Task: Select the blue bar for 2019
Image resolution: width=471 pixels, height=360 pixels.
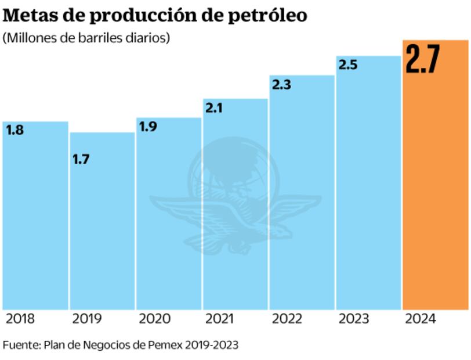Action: [102, 232]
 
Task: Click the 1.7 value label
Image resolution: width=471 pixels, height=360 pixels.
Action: [81, 159]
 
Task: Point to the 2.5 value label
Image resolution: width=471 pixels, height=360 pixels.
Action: [347, 65]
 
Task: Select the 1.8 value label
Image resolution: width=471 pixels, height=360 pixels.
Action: [15, 131]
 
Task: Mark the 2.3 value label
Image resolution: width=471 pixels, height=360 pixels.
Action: [281, 85]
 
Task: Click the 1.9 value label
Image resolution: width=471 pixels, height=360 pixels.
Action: [148, 127]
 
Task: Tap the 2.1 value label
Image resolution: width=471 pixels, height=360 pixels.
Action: [214, 108]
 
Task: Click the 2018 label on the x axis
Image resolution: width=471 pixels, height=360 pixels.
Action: [20, 319]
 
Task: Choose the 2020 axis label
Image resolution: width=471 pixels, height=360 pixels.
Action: [154, 319]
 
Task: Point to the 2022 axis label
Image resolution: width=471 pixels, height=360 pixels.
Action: [288, 319]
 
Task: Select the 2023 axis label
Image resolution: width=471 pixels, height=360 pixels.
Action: [354, 319]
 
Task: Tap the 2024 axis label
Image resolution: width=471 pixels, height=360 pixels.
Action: [421, 319]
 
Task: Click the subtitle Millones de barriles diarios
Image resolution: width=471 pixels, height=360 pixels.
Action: [86, 39]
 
